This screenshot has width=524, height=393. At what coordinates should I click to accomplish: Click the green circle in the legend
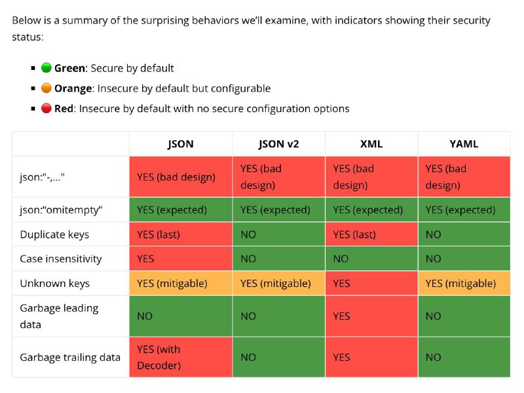tap(46, 68)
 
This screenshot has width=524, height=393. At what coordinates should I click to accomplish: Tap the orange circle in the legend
tap(46, 88)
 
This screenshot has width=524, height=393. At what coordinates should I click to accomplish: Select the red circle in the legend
tap(46, 108)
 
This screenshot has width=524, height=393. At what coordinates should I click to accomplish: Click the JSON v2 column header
tap(279, 144)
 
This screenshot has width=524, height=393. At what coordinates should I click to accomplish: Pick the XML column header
tap(371, 144)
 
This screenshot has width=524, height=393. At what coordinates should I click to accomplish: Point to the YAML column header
tap(464, 144)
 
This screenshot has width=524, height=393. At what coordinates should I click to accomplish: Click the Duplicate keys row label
tap(54, 234)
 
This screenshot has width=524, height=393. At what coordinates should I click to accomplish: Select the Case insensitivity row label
tap(61, 259)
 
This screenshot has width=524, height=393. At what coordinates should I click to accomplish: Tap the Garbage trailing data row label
tap(70, 357)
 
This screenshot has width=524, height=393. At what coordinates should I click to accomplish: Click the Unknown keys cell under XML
tap(371, 284)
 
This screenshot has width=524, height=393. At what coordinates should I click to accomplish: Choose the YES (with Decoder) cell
tap(181, 357)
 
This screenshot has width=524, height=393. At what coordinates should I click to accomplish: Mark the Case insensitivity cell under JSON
tap(181, 259)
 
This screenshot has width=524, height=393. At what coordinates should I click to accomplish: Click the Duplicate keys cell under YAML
tap(464, 234)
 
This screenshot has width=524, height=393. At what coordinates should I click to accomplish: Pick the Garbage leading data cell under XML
tap(371, 316)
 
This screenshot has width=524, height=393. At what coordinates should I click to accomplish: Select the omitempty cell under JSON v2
tap(279, 210)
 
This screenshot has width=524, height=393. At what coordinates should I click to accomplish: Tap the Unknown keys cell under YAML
tap(464, 284)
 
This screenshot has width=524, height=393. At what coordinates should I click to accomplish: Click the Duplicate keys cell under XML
tap(371, 234)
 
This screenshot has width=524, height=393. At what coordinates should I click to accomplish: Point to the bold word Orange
tap(73, 88)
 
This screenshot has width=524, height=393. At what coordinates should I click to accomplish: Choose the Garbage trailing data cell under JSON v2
tap(279, 357)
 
